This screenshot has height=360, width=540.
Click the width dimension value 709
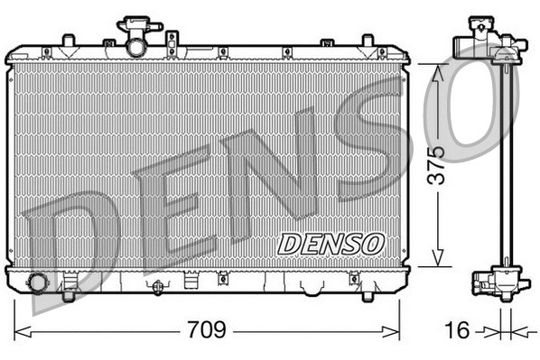206,330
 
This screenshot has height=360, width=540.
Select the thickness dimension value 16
459,330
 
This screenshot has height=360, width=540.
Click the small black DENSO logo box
331,243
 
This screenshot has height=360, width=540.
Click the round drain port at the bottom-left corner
39,283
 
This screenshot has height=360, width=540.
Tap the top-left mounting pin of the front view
68,41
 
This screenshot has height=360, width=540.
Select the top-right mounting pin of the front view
367,41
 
